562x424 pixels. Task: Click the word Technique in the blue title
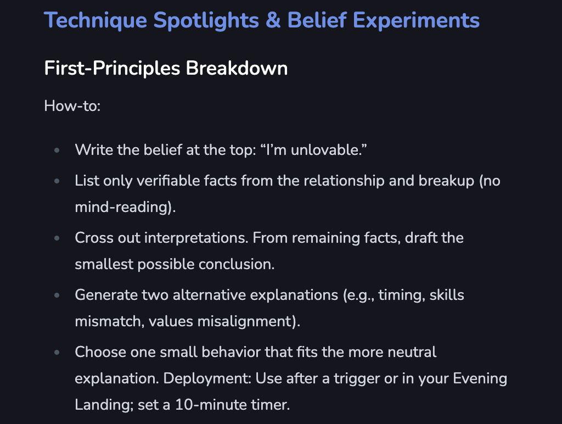click(x=95, y=20)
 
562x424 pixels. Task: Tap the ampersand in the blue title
click(x=273, y=20)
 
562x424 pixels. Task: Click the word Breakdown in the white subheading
click(x=237, y=68)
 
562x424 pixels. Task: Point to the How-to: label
click(x=72, y=106)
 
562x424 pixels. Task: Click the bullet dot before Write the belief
click(x=57, y=150)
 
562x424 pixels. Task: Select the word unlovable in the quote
click(x=325, y=150)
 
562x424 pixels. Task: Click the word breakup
click(x=447, y=181)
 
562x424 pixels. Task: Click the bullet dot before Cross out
click(x=57, y=238)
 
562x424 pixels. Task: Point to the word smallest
click(x=104, y=264)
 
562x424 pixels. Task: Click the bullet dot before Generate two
click(x=57, y=295)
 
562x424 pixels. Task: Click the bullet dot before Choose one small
click(x=57, y=352)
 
